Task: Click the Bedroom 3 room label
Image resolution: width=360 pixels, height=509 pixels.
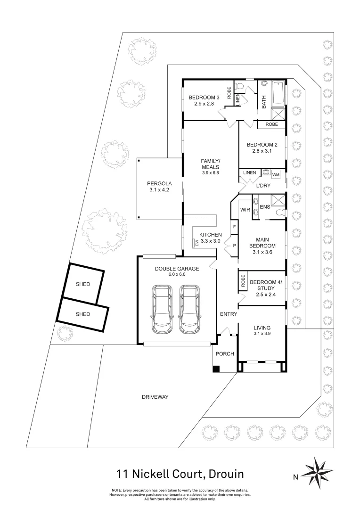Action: [x=201, y=98]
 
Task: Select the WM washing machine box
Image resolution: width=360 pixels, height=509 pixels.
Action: [x=276, y=173]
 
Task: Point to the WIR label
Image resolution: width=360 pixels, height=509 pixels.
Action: [x=245, y=209]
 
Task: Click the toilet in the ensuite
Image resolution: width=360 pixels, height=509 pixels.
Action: [x=279, y=213]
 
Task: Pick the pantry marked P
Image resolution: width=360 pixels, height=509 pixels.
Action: [x=234, y=246]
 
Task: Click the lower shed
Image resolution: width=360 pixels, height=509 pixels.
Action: [x=83, y=314]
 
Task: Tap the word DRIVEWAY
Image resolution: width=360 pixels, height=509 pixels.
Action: [x=155, y=397]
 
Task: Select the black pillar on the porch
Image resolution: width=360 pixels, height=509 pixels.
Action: [x=216, y=369]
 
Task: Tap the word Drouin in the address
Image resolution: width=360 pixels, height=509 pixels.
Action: [x=222, y=473]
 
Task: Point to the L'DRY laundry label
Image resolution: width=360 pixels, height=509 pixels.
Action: [x=263, y=186]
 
